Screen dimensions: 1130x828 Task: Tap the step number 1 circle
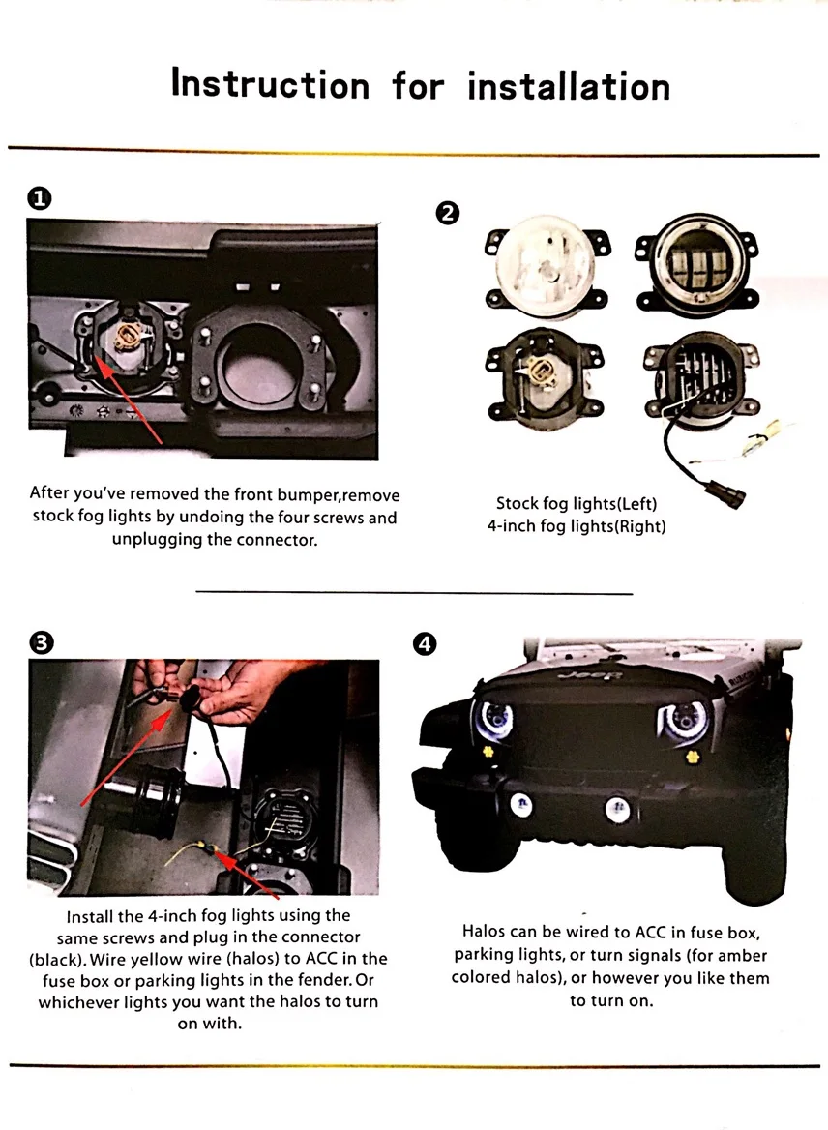40,199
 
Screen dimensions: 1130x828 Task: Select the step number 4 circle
425,643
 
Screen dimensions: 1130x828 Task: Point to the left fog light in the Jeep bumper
520,803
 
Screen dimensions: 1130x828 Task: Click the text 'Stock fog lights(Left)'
577,503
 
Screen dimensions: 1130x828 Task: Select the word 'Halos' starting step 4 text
485,932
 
